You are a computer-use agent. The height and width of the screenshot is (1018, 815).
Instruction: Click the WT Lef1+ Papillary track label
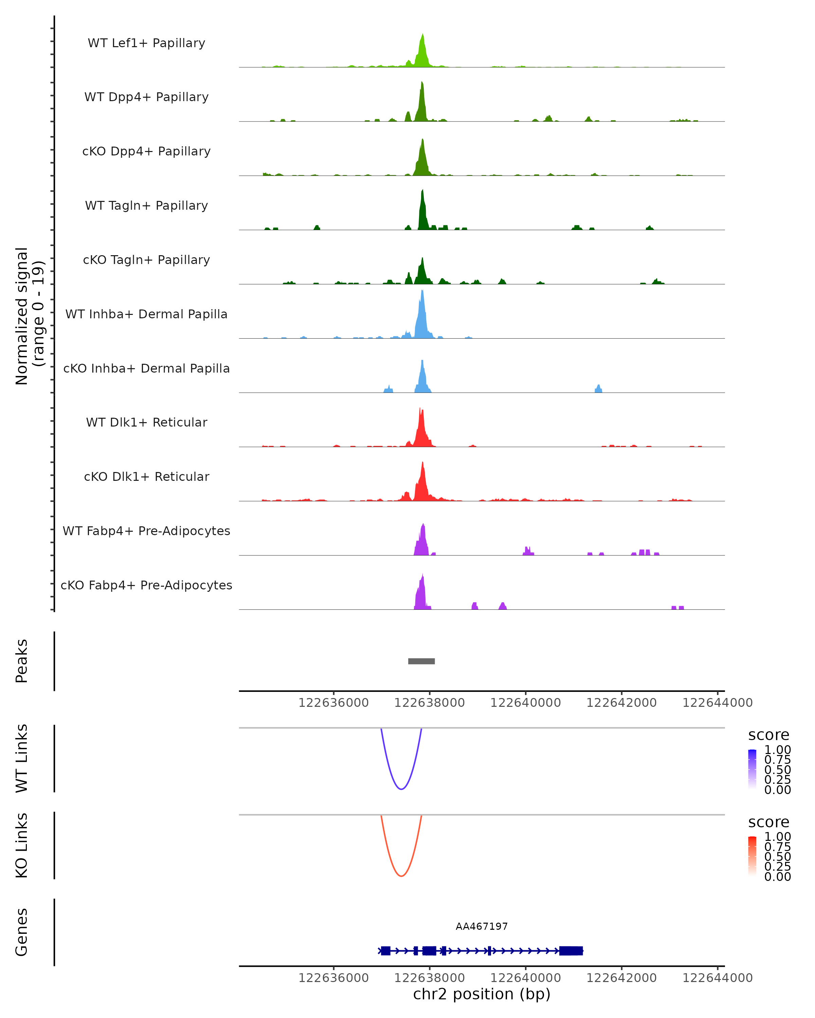[x=146, y=43]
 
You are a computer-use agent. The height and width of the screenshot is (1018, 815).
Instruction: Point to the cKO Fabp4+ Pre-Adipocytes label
[x=146, y=585]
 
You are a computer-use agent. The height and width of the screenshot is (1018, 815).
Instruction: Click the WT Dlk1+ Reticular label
[x=146, y=422]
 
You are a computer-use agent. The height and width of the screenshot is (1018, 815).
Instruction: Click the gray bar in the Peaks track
[x=421, y=661]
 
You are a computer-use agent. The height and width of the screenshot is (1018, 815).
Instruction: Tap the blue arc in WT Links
[x=401, y=789]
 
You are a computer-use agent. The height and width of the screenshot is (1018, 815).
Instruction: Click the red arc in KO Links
[x=401, y=875]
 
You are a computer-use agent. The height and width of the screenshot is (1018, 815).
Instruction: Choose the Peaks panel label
[x=22, y=661]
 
